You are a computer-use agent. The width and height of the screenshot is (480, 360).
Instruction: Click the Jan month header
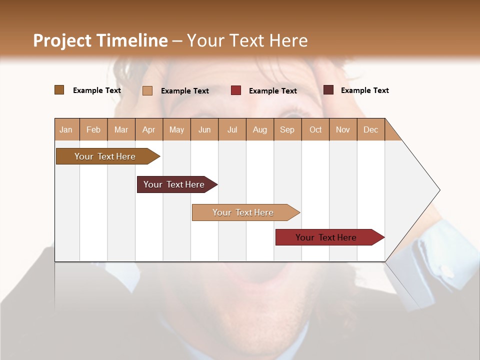66,129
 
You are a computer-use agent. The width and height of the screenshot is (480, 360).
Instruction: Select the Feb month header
93,129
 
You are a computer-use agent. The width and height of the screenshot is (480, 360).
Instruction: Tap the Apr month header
148,129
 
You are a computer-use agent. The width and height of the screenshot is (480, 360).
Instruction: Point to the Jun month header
204,129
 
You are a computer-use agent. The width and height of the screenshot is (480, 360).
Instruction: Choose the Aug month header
259,129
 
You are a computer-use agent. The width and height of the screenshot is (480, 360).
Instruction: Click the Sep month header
287,129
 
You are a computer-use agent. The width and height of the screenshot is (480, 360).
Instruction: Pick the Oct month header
315,129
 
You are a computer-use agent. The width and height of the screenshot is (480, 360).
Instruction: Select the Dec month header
370,129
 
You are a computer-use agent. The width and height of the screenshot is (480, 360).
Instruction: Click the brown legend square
59,90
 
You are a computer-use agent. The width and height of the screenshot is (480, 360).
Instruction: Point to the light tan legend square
147,90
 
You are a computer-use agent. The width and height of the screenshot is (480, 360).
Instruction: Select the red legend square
236,90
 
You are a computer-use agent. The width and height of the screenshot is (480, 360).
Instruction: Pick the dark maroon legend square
328,90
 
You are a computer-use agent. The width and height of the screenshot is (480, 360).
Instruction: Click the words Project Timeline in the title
100,40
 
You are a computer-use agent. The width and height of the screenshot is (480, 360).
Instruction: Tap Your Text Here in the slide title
247,40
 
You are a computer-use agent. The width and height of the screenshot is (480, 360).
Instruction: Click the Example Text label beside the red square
272,90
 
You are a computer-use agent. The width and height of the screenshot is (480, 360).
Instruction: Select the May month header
176,129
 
